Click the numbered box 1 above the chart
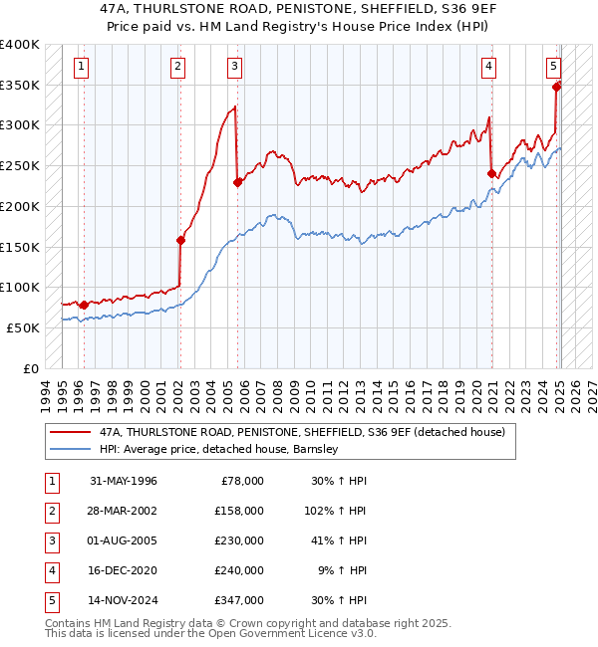[x=81, y=67]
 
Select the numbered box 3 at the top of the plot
[x=234, y=67]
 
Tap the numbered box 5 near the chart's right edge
[x=553, y=67]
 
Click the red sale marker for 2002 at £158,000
[x=180, y=240]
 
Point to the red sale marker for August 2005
[x=237, y=182]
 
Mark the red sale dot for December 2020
[x=491, y=173]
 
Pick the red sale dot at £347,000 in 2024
[x=556, y=87]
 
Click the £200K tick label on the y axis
[x=20, y=206]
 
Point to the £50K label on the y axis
[x=23, y=327]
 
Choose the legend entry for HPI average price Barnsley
[x=219, y=449]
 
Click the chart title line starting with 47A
[x=299, y=9]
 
